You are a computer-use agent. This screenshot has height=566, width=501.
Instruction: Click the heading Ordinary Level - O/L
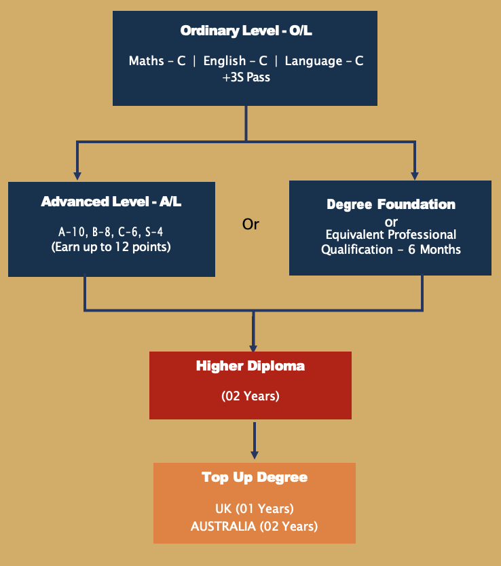pos(246,31)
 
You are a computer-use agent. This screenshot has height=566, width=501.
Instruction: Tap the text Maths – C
pos(157,60)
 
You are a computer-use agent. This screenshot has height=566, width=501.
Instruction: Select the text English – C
pos(236,60)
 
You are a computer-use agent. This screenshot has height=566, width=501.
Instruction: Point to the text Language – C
pos(324,60)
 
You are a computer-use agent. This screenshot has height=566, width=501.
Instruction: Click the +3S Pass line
pos(246,77)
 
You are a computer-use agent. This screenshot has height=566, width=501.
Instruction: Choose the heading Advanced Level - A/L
pos(111,202)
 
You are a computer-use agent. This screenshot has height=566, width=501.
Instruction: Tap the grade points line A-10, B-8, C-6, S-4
pos(111,231)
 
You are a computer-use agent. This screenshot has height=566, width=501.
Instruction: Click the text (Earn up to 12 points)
pos(111,247)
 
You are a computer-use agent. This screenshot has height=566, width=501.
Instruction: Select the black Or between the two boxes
pos(250,224)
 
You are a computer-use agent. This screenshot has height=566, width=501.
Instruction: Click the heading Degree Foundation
pos(391,204)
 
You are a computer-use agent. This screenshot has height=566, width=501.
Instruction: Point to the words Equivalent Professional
pos(391,235)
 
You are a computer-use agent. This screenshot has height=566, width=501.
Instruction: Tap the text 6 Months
pos(434,250)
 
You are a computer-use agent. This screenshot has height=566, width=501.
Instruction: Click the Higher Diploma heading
pos(250,366)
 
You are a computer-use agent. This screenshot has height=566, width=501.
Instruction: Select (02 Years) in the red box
pos(250,396)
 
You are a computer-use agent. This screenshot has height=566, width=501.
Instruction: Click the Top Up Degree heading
pos(255,477)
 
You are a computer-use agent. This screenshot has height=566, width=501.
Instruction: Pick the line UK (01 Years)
pos(255,508)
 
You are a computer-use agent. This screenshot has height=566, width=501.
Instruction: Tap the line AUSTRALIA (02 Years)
pos(255,526)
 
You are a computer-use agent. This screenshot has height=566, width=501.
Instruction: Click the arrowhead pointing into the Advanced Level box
pos(77,175)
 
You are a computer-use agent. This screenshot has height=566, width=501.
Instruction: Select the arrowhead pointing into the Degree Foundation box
pos(415,175)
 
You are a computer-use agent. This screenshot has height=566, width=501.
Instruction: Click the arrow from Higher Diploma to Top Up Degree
pos(255,440)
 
